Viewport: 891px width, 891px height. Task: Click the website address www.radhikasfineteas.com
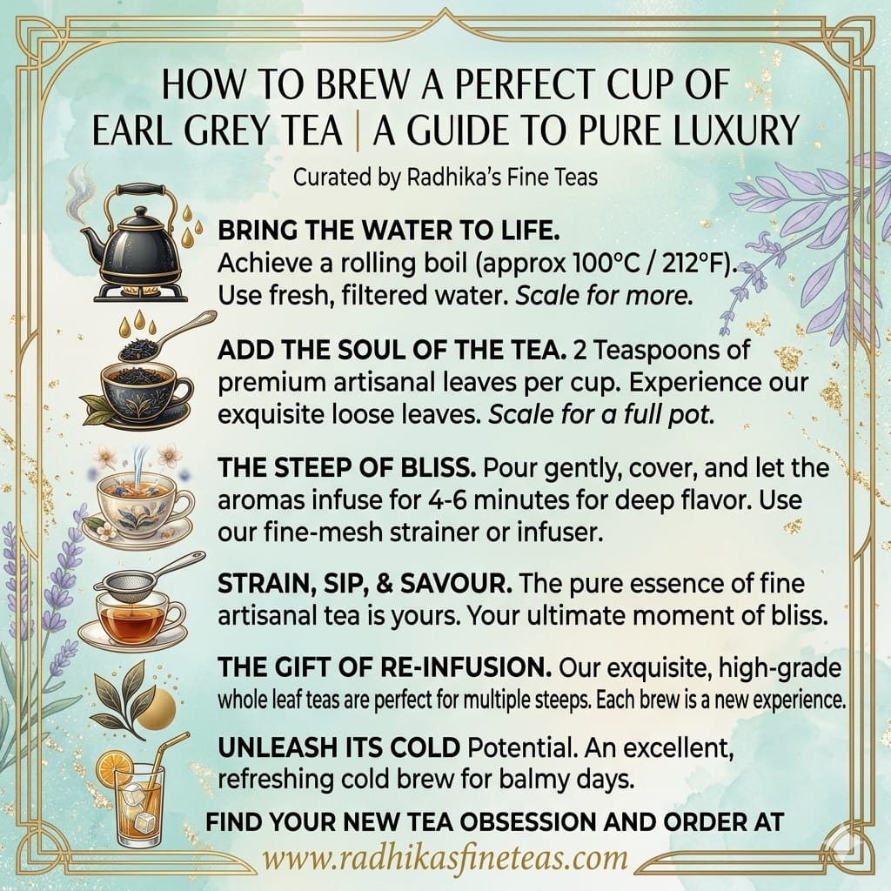pos(445,857)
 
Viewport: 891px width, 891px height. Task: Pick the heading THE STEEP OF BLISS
pos(345,471)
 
